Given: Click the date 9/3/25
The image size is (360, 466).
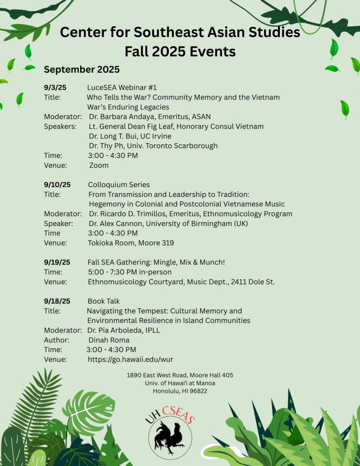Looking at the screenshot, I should (x=55, y=87).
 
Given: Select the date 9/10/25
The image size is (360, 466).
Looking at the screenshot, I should (x=57, y=185).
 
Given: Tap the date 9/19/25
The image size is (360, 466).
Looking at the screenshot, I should (x=57, y=262).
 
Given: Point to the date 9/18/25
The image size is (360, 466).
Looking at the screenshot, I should (x=57, y=301).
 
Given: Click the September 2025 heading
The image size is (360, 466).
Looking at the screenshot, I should (x=82, y=69).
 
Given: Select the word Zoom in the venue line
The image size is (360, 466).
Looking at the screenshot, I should (x=98, y=165).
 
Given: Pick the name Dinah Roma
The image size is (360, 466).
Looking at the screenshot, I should (x=109, y=340).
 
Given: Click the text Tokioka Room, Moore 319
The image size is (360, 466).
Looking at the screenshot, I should (x=131, y=243).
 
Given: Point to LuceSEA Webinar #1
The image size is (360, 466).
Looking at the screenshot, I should (x=122, y=87).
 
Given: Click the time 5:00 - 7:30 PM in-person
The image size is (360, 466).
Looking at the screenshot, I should (x=130, y=272).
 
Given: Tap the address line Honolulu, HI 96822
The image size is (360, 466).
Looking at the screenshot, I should (x=180, y=391).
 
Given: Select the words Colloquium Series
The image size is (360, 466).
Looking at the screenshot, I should (x=119, y=185).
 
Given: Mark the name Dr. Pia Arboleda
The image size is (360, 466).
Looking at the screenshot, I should (x=115, y=330).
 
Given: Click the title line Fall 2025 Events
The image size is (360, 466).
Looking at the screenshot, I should (x=180, y=50).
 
